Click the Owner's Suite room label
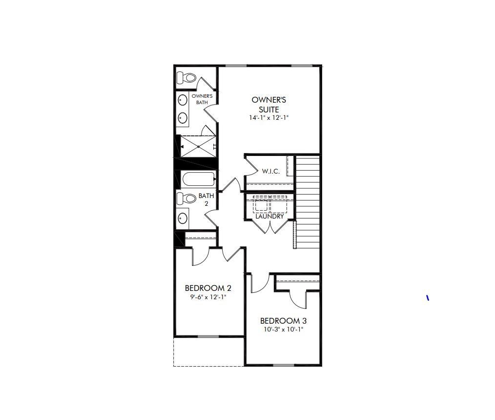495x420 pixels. [269, 105]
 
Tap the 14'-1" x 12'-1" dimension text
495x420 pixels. [269, 118]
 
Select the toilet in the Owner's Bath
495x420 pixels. [186, 77]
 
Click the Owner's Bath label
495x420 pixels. [202, 99]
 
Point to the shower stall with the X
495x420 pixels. [198, 146]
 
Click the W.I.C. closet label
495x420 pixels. [271, 172]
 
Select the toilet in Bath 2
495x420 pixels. [186, 198]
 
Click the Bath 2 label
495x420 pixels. [206, 199]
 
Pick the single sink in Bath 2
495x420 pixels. [183, 218]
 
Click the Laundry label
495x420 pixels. [269, 216]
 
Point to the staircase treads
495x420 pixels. [308, 200]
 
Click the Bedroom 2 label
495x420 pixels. [205, 288]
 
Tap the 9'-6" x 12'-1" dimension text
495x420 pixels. [208, 297]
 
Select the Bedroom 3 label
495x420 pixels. [283, 321]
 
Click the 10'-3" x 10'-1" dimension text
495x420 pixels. [283, 330]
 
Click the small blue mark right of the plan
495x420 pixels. [428, 297]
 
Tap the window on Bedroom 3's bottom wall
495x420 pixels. [284, 365]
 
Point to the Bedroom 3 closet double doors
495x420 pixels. [298, 299]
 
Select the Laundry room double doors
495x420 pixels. [269, 226]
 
